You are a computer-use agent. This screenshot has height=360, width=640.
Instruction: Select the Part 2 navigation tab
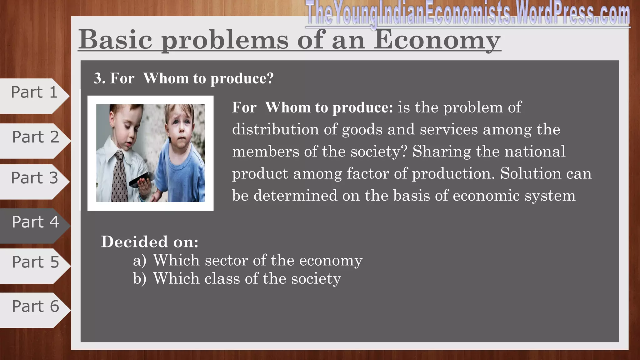pos(35,137)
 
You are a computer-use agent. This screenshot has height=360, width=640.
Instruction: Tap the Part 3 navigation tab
pos(34,178)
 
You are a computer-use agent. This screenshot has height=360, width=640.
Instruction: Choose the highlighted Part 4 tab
pos(35,222)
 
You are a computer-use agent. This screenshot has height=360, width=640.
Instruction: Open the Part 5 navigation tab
pos(35,262)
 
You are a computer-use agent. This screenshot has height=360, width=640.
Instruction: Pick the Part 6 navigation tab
pos(35,306)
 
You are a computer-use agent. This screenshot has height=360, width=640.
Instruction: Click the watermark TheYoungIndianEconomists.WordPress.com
pos(467,14)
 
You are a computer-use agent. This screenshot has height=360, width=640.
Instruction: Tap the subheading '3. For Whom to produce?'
pos(183,78)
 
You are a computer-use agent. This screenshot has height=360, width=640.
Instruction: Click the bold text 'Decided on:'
pos(149,242)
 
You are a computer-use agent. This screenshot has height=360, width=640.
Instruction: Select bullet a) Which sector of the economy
pos(247,260)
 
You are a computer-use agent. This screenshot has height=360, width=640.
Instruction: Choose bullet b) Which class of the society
pos(237,278)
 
